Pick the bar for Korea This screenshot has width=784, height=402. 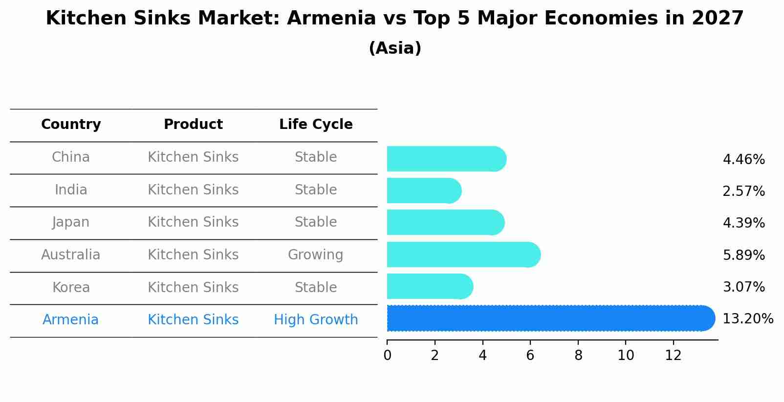coord(430,286)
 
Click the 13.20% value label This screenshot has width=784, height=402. coord(747,319)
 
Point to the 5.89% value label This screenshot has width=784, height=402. coord(743,255)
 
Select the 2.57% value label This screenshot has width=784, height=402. coord(743,191)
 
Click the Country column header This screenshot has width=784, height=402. coord(71,125)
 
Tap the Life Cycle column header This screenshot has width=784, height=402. coord(316,125)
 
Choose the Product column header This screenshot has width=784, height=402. coord(193,125)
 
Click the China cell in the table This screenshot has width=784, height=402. coord(71,157)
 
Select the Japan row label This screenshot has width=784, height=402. coord(71,222)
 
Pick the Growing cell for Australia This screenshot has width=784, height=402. coord(315,255)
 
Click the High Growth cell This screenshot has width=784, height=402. coord(316,320)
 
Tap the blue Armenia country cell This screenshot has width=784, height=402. coord(71,320)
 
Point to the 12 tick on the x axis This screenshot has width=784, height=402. coord(673,356)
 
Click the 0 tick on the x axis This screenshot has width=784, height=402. coord(387,356)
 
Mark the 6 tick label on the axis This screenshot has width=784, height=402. coord(530,356)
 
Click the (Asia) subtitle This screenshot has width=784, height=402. coord(395,48)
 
